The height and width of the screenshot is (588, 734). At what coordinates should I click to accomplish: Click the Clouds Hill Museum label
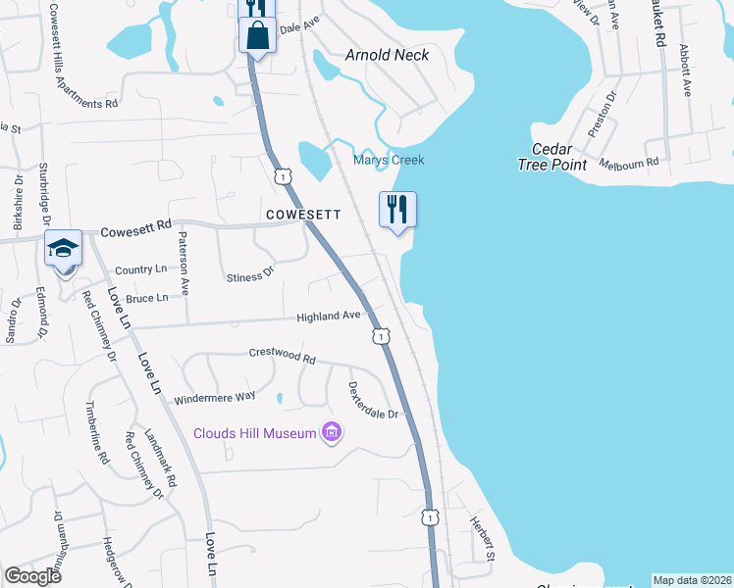pyautogui.click(x=254, y=433)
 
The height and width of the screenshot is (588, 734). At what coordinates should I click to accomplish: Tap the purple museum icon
pyautogui.click(x=332, y=432)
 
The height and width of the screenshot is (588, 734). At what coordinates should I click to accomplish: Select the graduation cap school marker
pyautogui.click(x=63, y=249)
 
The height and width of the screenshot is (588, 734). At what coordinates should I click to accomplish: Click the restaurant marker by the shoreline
pyautogui.click(x=397, y=210)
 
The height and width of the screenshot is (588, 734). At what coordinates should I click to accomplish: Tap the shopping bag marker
pyautogui.click(x=257, y=36)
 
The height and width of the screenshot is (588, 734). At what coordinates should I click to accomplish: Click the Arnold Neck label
pyautogui.click(x=387, y=55)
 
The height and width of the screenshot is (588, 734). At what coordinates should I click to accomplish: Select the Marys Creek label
pyautogui.click(x=389, y=160)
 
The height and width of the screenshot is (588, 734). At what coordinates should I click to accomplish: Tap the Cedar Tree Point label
pyautogui.click(x=552, y=157)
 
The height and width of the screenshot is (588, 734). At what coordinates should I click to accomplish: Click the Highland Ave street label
pyautogui.click(x=330, y=316)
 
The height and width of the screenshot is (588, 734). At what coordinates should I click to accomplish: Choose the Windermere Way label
pyautogui.click(x=214, y=397)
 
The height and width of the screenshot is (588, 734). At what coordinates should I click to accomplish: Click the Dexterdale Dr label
pyautogui.click(x=373, y=400)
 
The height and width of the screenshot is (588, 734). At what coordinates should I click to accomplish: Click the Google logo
pyautogui.click(x=32, y=575)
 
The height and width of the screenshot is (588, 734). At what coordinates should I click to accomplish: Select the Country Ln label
pyautogui.click(x=140, y=269)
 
